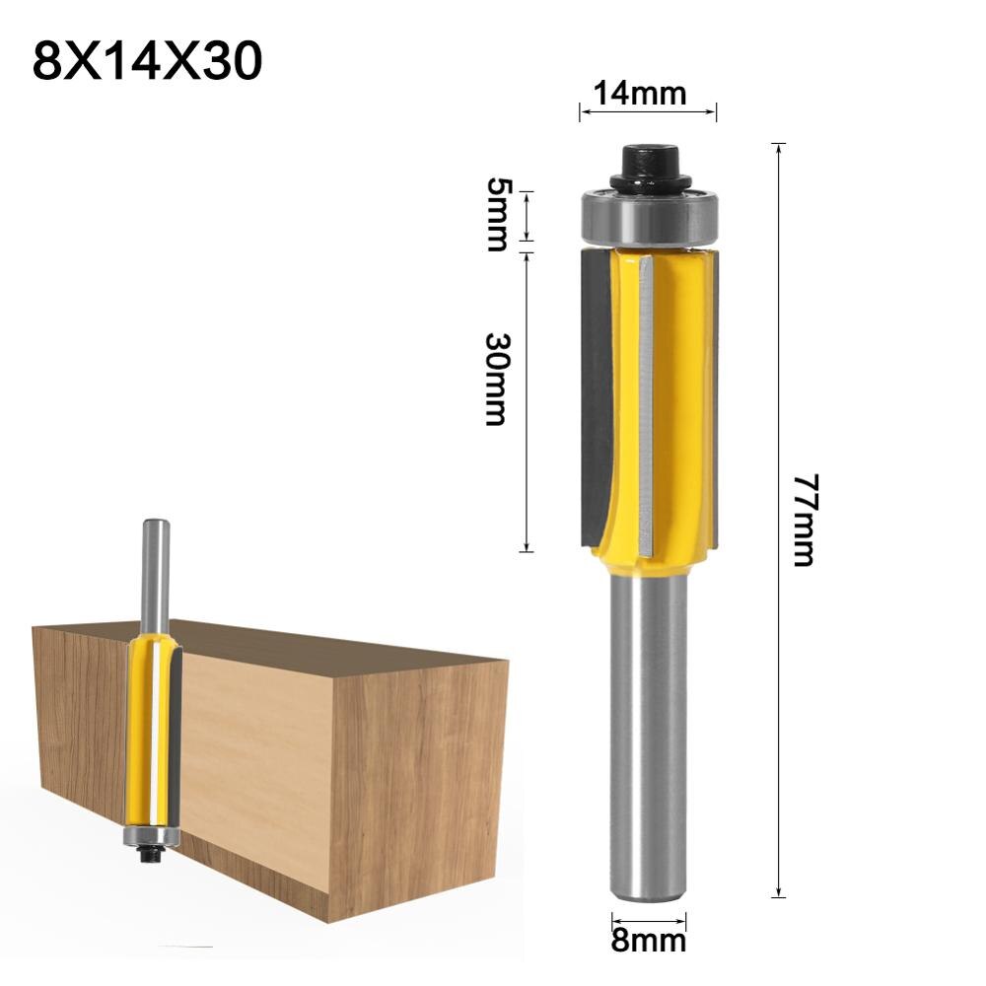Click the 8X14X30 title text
coord(148,61)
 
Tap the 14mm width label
coord(647,94)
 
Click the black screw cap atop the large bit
coord(647,167)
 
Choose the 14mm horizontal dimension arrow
coord(647,112)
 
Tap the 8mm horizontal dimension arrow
coord(648,917)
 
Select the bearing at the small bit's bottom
coord(151,837)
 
